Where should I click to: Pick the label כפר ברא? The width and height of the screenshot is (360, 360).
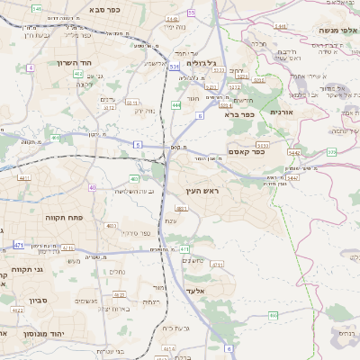pyautogui.click(x=242, y=114)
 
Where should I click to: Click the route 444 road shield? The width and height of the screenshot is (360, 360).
pyautogui.click(x=176, y=105)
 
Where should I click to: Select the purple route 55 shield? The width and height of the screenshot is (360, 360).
pyautogui.click(x=191, y=13)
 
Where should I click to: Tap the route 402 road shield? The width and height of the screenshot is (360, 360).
pyautogui.click(x=78, y=74)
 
